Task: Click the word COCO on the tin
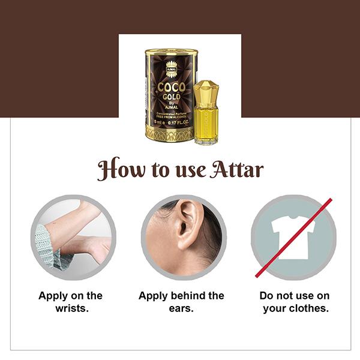click(171, 87)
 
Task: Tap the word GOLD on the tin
click(172, 97)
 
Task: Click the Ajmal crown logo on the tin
click(170, 69)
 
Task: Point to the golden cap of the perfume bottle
click(205, 94)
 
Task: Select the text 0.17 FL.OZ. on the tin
click(178, 122)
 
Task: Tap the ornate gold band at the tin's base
click(169, 134)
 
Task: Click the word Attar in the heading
click(236, 169)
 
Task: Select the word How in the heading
click(121, 169)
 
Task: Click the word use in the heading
click(190, 171)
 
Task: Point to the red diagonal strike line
click(293, 238)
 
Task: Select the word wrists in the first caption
click(71, 308)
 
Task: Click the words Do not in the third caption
click(278, 295)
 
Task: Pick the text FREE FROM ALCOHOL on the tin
click(171, 117)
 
